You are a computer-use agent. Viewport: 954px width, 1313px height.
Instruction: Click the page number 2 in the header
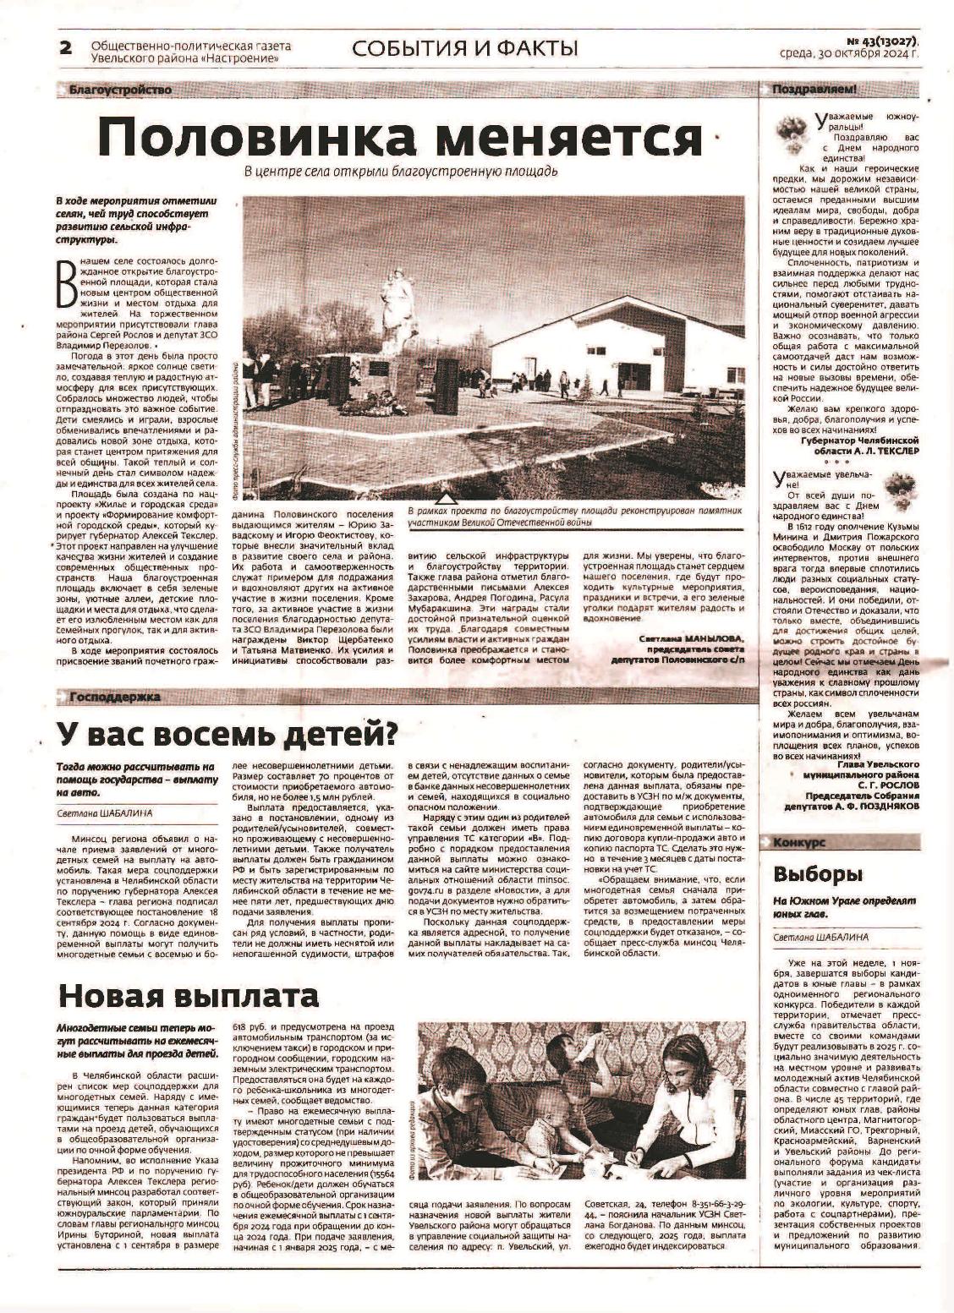pyautogui.click(x=65, y=47)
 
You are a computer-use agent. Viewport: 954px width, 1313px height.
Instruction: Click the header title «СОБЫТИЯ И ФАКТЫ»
pyautogui.click(x=465, y=48)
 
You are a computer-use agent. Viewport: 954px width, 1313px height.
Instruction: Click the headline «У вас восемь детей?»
pyautogui.click(x=227, y=733)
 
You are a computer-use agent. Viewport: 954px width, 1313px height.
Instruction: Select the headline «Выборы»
pyautogui.click(x=819, y=873)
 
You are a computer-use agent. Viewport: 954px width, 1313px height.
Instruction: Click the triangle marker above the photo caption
pyautogui.click(x=448, y=498)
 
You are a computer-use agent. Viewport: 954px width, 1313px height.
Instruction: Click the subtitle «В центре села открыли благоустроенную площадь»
pyautogui.click(x=401, y=172)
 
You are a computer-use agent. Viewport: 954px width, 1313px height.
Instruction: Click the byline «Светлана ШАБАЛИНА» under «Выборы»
pyautogui.click(x=820, y=937)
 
